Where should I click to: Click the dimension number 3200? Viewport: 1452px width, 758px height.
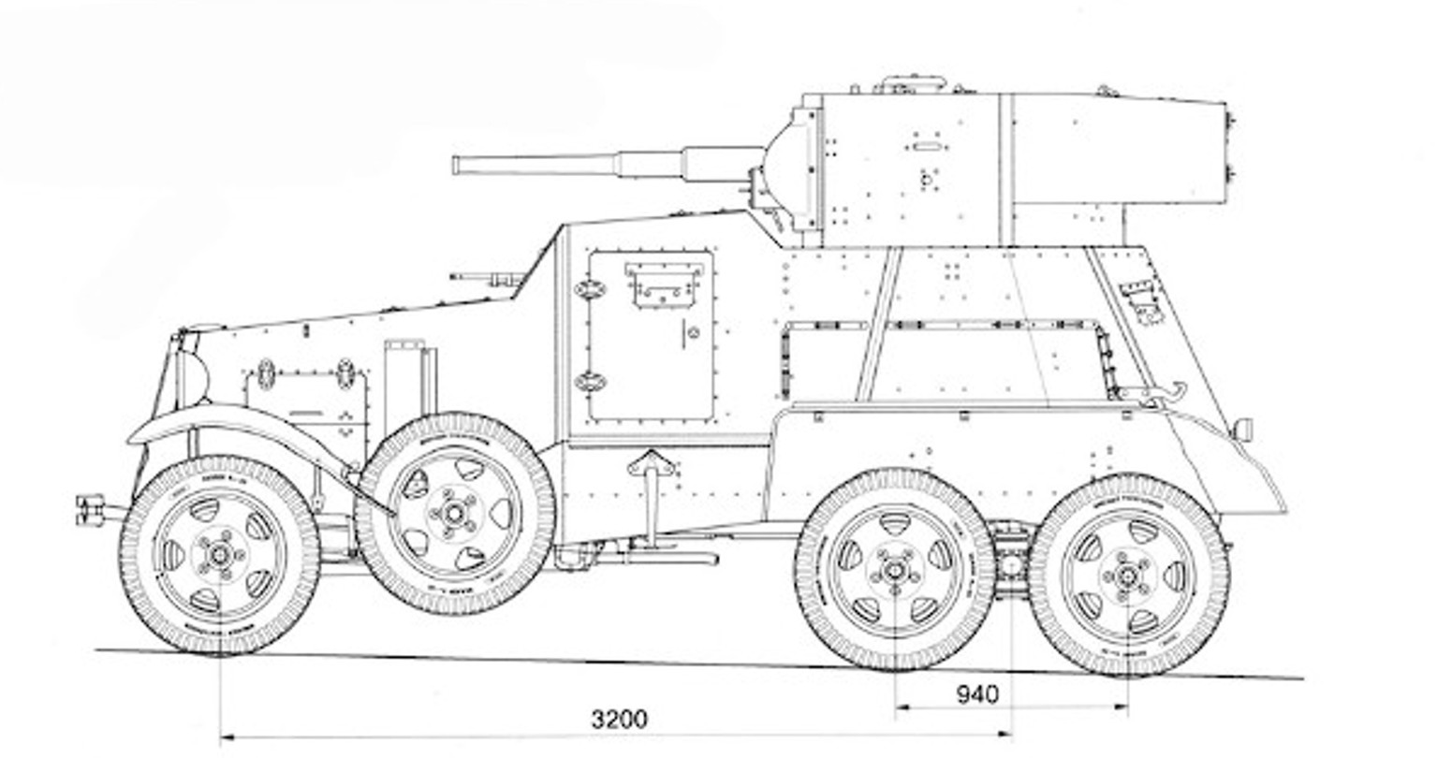click(x=619, y=719)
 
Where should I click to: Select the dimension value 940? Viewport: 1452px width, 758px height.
click(x=977, y=694)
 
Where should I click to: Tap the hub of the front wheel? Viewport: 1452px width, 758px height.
click(x=220, y=554)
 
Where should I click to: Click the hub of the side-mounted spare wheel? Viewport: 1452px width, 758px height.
click(x=455, y=513)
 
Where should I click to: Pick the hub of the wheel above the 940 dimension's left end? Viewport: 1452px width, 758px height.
click(x=895, y=569)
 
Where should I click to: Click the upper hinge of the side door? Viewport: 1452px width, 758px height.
click(x=590, y=289)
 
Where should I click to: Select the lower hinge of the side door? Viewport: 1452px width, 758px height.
click(x=590, y=381)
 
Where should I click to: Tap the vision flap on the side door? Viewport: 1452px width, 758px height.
click(x=664, y=284)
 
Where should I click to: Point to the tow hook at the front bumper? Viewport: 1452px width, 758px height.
click(x=92, y=510)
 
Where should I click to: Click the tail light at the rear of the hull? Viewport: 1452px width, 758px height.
click(x=1243, y=430)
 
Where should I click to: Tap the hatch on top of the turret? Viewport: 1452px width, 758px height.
click(x=910, y=84)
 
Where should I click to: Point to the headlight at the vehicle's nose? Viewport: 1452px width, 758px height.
click(x=191, y=374)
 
